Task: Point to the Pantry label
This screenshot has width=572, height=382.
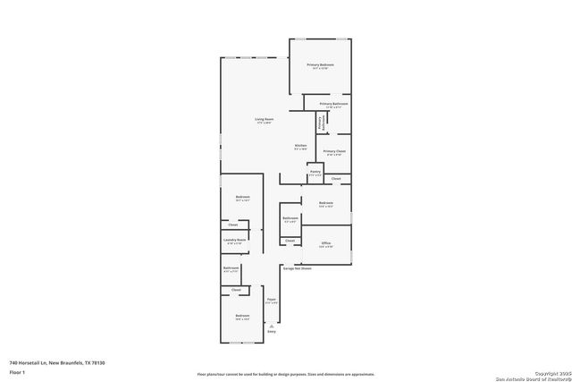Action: [315, 172]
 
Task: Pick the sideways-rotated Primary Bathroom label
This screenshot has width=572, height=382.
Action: [319, 123]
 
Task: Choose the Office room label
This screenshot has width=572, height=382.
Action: [326, 243]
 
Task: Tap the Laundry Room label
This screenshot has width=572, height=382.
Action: [234, 240]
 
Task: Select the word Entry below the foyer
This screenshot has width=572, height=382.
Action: [271, 332]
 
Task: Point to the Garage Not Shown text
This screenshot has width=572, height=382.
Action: [297, 267]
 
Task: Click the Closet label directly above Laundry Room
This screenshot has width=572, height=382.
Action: [232, 225]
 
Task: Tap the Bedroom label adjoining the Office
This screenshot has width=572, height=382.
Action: [325, 203]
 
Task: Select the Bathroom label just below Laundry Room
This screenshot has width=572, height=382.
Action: [231, 268]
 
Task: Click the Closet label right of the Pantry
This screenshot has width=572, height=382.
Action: [336, 179]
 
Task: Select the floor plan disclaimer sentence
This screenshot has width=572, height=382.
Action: [286, 374]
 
